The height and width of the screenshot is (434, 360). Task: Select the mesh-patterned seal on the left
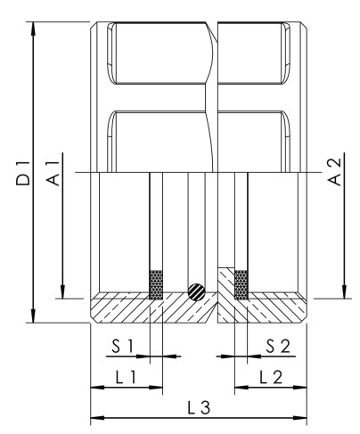[156, 283]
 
